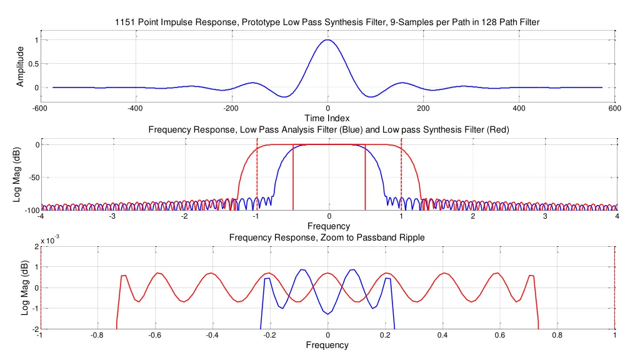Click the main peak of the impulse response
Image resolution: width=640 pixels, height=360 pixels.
[327, 41]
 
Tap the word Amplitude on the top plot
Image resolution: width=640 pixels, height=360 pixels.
[21, 66]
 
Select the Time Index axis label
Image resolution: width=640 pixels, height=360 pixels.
[327, 118]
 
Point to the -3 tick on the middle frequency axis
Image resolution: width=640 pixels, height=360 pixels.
[112, 216]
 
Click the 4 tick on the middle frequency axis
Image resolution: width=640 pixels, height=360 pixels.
[617, 216]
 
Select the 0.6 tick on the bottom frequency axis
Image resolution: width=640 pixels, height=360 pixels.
[500, 335]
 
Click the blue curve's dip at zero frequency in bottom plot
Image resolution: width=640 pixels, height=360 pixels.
[327, 312]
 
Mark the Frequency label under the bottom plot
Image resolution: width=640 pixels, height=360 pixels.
[327, 345]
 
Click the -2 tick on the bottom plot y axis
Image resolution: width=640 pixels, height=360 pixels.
[34, 329]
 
